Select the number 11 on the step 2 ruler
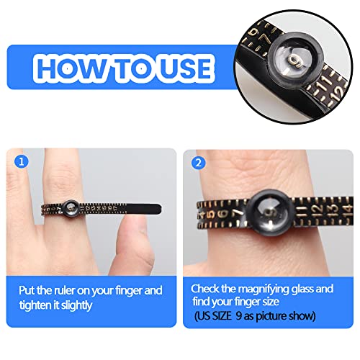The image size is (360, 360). point(288,210)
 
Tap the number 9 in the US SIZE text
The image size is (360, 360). point(259,316)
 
